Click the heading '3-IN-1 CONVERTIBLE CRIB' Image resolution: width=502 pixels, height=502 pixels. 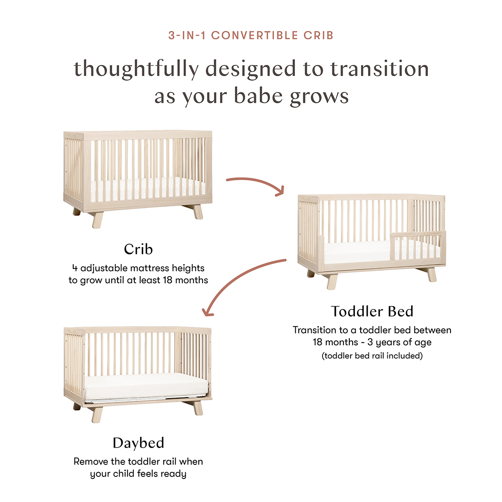pyautogui.click(x=251, y=36)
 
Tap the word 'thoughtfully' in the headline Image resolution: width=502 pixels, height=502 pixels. pyautogui.click(x=136, y=69)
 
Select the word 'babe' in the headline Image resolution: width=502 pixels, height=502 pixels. pyautogui.click(x=259, y=96)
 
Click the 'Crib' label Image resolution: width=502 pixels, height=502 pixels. pyautogui.click(x=138, y=249)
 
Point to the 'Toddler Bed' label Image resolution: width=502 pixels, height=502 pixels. pyautogui.click(x=372, y=311)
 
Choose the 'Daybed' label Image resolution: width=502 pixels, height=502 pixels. pyautogui.click(x=138, y=443)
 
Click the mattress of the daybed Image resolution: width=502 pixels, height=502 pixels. pyautogui.click(x=146, y=387)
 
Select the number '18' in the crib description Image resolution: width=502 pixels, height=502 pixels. pyautogui.click(x=168, y=280)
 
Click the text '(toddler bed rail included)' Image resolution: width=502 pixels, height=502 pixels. pyautogui.click(x=372, y=356)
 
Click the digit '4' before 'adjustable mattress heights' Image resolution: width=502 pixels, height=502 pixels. pyautogui.click(x=75, y=268)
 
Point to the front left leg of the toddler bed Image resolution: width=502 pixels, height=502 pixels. pyautogui.click(x=332, y=282)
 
